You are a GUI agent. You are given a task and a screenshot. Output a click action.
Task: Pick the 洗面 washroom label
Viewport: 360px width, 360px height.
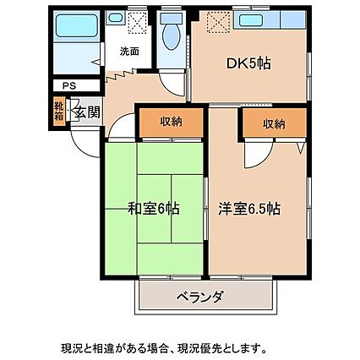pyautogui.click(x=128, y=51)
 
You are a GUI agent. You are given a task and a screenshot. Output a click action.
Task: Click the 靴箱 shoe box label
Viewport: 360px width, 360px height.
pyautogui.click(x=58, y=111)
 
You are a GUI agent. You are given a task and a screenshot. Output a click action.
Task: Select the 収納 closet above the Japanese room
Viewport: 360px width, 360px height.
pyautogui.click(x=172, y=123)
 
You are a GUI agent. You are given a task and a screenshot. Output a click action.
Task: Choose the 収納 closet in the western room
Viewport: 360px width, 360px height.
pyautogui.click(x=274, y=123)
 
